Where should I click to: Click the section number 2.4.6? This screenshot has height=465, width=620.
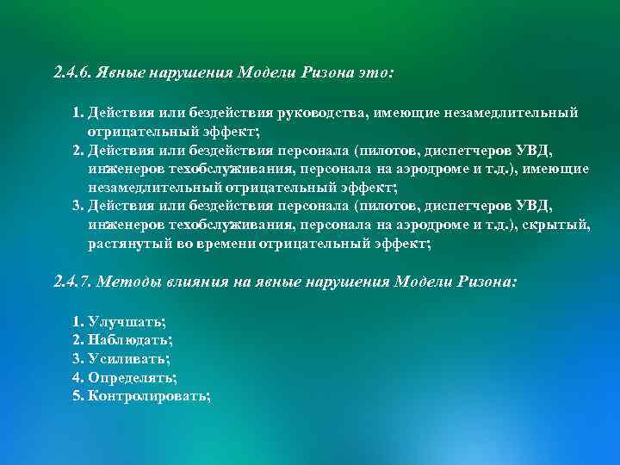71,73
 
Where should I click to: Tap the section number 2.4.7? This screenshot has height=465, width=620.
71,282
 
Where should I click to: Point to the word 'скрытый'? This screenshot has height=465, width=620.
561,225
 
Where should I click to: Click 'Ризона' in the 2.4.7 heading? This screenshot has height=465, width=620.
486,282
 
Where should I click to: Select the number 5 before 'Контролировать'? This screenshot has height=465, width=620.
78,396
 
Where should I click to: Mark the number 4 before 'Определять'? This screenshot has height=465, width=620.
78,377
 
